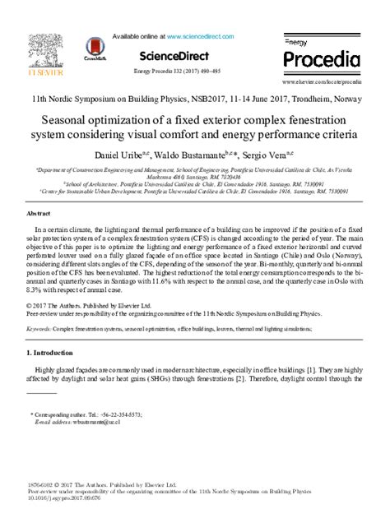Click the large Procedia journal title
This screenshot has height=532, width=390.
(321, 59)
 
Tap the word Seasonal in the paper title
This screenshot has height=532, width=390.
(70, 118)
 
